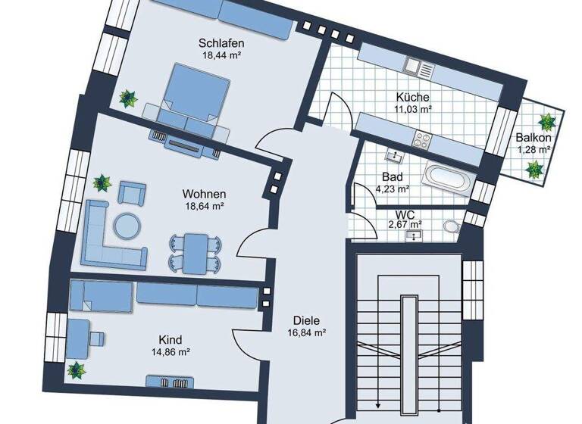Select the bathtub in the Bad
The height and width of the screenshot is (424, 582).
pos(448,179)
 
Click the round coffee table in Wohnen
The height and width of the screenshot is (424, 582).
pos(127,224)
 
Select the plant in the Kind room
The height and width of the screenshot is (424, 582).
pos(76,369)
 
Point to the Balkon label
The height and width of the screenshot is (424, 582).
pos(533,138)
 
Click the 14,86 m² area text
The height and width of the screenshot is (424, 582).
pos(171,351)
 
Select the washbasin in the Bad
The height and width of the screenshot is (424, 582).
pos(394,156)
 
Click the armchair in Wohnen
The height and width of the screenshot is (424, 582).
pos(131,194)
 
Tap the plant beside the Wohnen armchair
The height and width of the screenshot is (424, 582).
pos(102,182)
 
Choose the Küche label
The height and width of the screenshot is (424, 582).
pos(413,98)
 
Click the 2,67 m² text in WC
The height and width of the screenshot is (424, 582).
pos(405,224)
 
